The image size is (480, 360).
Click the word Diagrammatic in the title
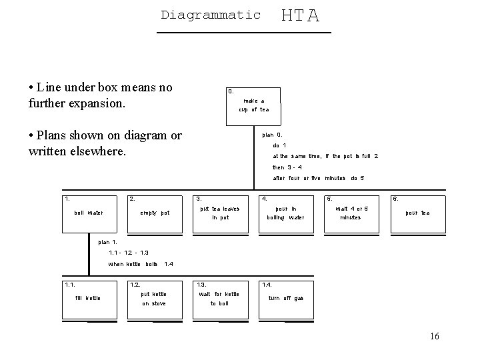[211, 14]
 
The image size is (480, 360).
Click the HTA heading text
[300, 15]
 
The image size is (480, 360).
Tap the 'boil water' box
[89, 213]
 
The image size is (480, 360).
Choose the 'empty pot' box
[155, 213]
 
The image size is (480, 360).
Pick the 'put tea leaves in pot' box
[220, 213]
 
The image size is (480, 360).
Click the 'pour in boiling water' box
[285, 213]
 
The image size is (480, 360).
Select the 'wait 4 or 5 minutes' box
[351, 213]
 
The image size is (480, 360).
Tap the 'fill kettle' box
[89, 299]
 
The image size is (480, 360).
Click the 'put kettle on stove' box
[154, 299]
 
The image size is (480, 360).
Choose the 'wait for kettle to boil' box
[219, 299]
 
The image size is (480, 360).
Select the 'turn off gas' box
[285, 299]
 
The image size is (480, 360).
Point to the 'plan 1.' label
[107, 242]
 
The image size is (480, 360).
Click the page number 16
[435, 337]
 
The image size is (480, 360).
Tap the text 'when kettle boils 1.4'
[141, 264]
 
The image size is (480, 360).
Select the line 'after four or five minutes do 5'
[318, 179]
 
